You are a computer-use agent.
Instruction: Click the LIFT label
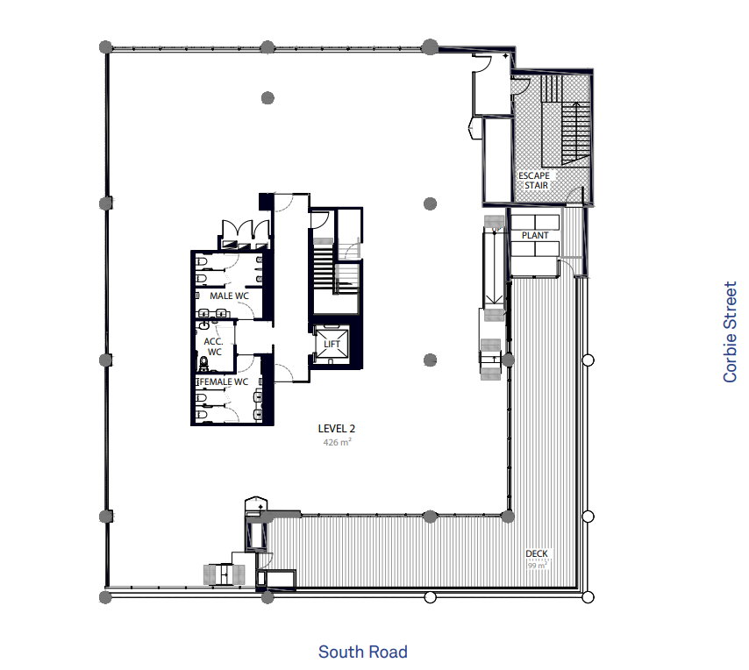(x=332, y=344)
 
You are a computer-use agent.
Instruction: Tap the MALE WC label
(x=229, y=296)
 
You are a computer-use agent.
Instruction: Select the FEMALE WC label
(x=224, y=382)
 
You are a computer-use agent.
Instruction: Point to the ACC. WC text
(x=213, y=346)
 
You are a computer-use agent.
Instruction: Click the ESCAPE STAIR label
(x=534, y=181)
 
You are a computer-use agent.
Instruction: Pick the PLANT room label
(x=535, y=235)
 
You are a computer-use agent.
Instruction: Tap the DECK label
(x=537, y=553)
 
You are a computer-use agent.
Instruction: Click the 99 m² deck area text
(x=538, y=566)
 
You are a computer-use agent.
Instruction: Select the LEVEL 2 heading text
(x=337, y=429)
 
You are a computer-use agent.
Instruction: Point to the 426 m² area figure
(x=338, y=442)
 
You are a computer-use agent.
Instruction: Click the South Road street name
(x=363, y=652)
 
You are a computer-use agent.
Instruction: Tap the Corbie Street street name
(x=730, y=331)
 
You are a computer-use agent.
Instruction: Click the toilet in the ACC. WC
(x=204, y=364)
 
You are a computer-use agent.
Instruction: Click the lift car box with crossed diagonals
(x=332, y=344)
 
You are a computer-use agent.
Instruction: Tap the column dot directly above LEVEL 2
(x=431, y=360)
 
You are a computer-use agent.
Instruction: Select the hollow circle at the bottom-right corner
(x=588, y=597)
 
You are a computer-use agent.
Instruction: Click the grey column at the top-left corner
(x=105, y=47)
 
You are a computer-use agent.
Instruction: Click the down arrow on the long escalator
(x=494, y=301)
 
